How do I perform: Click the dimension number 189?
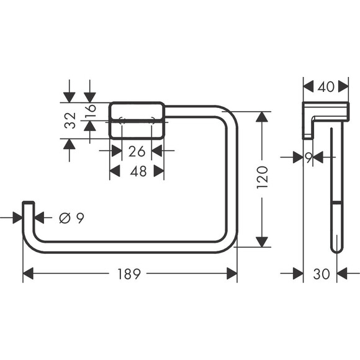[130, 273]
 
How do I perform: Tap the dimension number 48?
[137, 171]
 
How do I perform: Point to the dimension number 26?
[137, 150]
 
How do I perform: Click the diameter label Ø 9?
[71, 218]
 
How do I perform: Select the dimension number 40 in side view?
[325, 87]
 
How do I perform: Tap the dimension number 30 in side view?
[321, 273]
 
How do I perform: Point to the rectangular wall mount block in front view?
[137, 120]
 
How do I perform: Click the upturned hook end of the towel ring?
[28, 208]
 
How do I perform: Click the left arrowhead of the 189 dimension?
[29, 273]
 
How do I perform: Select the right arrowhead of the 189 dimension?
[232, 273]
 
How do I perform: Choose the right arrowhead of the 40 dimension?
[344, 87]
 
